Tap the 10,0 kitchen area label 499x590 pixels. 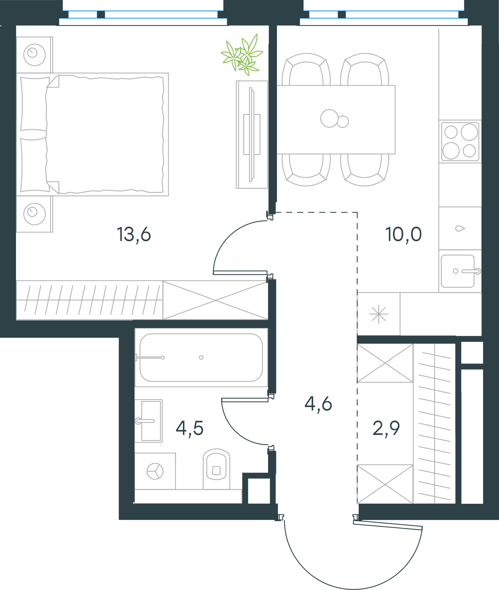pos(403,234)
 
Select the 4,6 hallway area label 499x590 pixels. pos(318,404)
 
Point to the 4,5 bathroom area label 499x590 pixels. pos(190,428)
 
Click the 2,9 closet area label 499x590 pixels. pos(386,428)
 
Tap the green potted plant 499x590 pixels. pos(242,55)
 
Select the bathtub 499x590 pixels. pos(201,358)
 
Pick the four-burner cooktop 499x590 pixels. pos(460,141)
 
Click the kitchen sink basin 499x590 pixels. pos(458,271)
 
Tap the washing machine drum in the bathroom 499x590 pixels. pos(155,471)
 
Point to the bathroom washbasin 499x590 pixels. pos(149,421)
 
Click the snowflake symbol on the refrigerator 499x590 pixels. pos(379,314)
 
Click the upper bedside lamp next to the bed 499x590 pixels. pos(34,55)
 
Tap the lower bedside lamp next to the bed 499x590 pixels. pos(34,214)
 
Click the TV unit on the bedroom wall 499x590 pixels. pos(252,135)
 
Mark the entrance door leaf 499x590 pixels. pos(388,525)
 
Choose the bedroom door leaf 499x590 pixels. pos(240,273)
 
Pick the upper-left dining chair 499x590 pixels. pos(306,69)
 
